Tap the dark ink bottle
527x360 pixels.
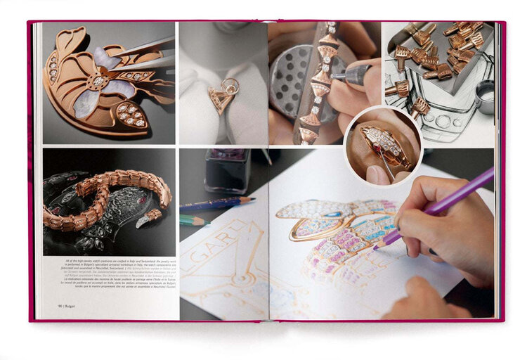click(x=227, y=171)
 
